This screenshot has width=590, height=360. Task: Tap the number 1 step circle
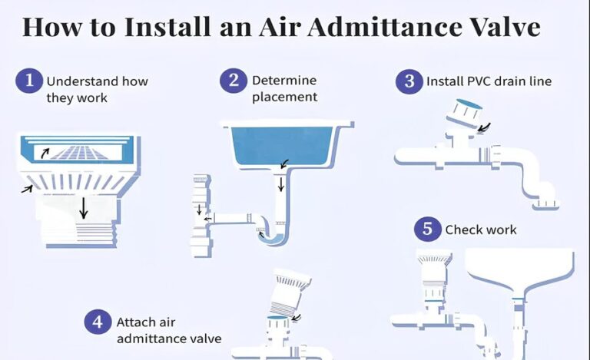pyautogui.click(x=28, y=81)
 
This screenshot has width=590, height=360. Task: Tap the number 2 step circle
pyautogui.click(x=234, y=80)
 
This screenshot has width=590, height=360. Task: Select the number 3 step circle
pyautogui.click(x=409, y=81)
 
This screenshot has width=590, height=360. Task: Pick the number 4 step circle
pyautogui.click(x=97, y=322)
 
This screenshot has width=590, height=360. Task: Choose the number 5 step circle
pyautogui.click(x=427, y=229)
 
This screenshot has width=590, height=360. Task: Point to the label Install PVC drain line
pyautogui.click(x=489, y=81)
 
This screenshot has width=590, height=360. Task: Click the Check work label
pyautogui.click(x=481, y=230)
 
